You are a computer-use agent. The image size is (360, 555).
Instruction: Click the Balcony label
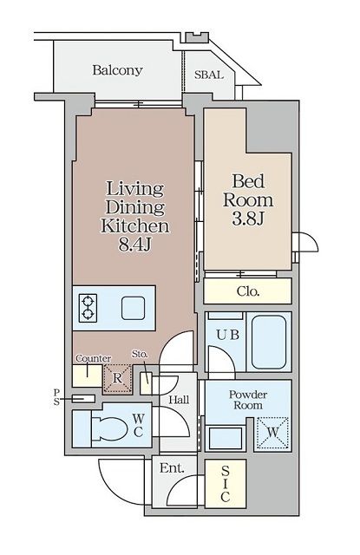point(118,71)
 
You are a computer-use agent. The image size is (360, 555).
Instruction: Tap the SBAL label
point(209,75)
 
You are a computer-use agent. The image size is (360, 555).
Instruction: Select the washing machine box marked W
point(273,429)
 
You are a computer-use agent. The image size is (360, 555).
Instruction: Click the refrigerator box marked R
point(115,379)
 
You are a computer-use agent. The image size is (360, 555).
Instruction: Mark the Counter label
point(92,359)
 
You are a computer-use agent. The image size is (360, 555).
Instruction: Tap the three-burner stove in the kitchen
point(88,308)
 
